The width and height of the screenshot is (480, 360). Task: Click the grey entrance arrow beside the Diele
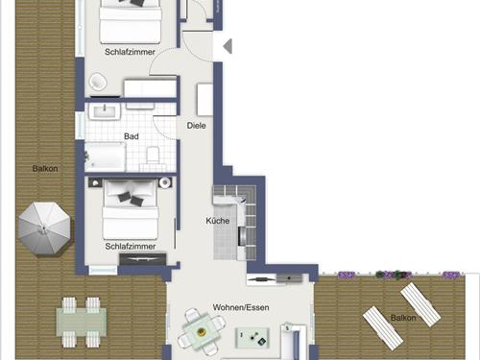coord(228,46)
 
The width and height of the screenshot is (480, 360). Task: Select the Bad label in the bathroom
coord(132,136)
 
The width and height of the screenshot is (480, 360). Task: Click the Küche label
coord(217,221)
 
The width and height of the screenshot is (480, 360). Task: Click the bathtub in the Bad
coord(106,156)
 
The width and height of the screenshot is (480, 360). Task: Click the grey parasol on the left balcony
coord(43,228)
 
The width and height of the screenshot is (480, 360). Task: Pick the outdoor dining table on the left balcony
coord(82,319)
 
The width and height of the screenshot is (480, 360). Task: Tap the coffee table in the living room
coord(254,336)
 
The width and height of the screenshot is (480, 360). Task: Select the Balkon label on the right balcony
coord(403,317)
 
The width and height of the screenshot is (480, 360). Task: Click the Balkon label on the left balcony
coord(45,169)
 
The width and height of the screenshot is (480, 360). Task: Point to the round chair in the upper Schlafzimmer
coord(97,84)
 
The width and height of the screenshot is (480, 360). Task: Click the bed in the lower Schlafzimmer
coord(129,209)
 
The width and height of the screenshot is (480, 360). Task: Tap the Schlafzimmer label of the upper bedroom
coord(132,56)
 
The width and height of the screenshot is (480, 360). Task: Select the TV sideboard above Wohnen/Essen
coord(275,278)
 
